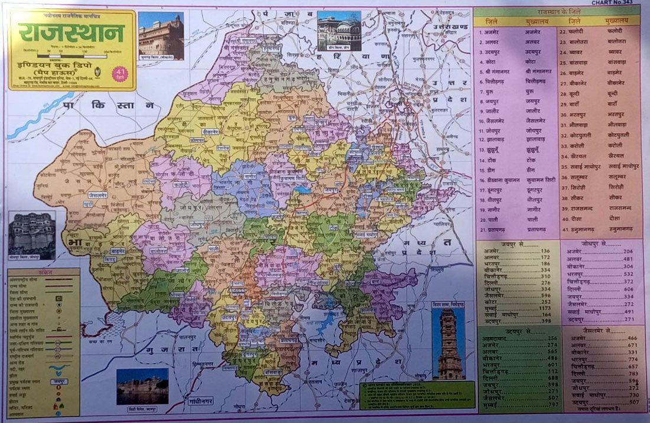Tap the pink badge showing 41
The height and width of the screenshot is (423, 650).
pyautogui.click(x=120, y=74)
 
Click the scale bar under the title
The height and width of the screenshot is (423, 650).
pyautogui.click(x=71, y=55)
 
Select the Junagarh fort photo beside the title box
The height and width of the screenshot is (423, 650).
pyautogui.click(x=161, y=36)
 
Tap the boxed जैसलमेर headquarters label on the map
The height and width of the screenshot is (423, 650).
pyautogui.click(x=98, y=194)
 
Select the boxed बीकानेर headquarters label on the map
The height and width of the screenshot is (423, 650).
pyautogui.click(x=210, y=132)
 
